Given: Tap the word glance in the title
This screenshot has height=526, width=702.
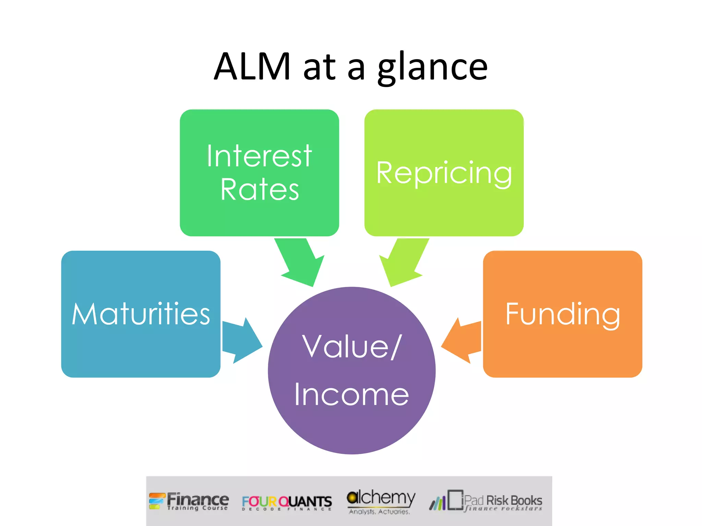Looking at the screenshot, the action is [x=433, y=67].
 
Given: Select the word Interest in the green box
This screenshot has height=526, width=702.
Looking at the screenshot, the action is [x=259, y=156].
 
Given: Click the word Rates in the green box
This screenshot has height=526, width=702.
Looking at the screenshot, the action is [x=259, y=189].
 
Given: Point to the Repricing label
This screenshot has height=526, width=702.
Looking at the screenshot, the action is [x=444, y=173].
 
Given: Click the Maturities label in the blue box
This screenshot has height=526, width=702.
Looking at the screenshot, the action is [x=141, y=314].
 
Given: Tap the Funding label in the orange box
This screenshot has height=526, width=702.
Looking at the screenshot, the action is [x=562, y=314].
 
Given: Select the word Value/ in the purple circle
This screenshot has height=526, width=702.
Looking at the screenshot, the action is [x=351, y=347].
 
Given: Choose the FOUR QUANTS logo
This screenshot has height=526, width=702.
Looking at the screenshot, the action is [x=287, y=502].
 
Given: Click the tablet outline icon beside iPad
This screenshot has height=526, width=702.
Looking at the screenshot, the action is [x=455, y=500].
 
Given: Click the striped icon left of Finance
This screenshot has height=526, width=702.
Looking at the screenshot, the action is [x=156, y=501].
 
